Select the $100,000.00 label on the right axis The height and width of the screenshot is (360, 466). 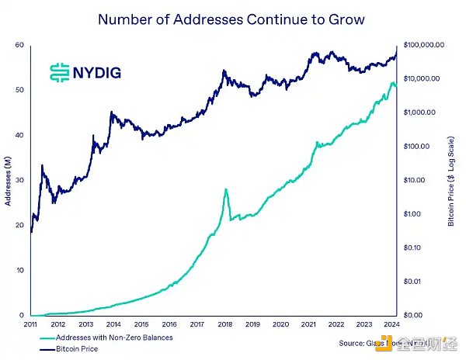point(424,45)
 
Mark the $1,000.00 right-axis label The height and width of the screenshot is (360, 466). point(419,112)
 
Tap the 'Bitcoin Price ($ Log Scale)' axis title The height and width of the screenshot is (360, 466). point(451,181)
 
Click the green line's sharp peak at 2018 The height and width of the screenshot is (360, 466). point(225,189)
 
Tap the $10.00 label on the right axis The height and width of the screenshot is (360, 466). point(413,180)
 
